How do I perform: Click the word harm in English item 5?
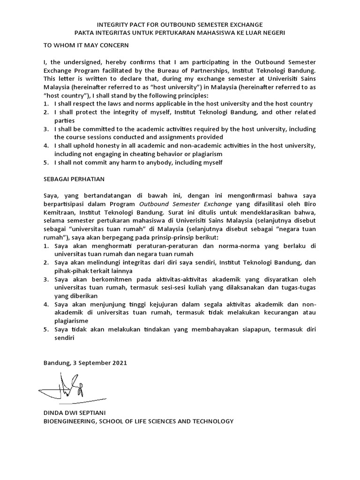112,162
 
